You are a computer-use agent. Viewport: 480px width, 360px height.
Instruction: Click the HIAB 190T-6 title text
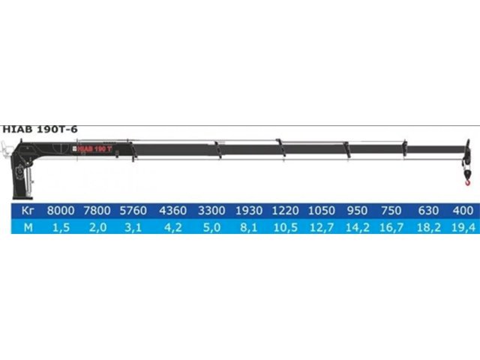(x=40, y=130)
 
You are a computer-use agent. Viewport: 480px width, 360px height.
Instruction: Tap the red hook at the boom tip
(x=467, y=183)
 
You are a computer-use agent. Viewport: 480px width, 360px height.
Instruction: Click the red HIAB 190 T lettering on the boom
(x=95, y=149)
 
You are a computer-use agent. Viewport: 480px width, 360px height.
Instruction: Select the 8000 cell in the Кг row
(x=61, y=211)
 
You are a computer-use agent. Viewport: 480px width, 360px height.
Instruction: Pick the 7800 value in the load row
(x=97, y=211)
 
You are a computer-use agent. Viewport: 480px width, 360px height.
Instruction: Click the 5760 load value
(x=133, y=211)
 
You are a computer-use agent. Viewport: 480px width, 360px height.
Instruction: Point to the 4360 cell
(x=173, y=211)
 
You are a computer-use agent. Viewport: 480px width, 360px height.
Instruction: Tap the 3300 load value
(x=211, y=211)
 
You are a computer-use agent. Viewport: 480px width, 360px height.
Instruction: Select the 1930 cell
(x=249, y=211)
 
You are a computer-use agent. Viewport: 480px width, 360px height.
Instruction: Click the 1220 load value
(x=285, y=211)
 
